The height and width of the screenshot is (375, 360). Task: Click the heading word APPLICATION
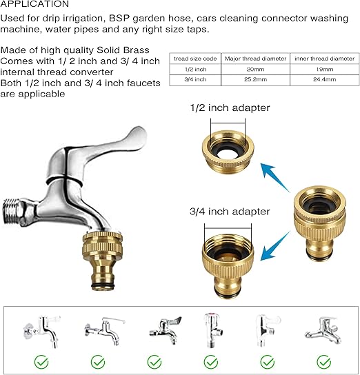point(34,3)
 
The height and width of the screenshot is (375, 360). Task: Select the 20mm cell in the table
point(255,70)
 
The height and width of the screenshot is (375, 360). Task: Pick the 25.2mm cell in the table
point(255,79)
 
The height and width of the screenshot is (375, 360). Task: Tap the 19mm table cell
point(325,70)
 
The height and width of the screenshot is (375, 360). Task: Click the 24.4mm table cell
point(325,79)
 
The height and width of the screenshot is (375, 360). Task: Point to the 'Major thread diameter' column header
point(255,59)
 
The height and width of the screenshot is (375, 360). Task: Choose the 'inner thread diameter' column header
point(325,59)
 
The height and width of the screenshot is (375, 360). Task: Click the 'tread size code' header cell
point(195,59)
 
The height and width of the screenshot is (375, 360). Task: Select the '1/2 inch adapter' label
point(230,108)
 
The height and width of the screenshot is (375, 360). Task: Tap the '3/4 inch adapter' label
point(230,212)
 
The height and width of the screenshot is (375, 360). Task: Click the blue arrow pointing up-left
point(275,177)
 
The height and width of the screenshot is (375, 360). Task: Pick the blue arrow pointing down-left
point(275,246)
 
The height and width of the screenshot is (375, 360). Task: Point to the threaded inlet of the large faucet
point(12,212)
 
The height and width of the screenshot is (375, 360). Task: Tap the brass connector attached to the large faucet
point(102,261)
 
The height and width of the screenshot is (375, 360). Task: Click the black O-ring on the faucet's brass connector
point(102,286)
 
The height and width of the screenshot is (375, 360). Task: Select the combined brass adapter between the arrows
point(320,223)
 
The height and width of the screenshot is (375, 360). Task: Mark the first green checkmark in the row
point(41,362)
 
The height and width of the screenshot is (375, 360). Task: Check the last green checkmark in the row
point(324,362)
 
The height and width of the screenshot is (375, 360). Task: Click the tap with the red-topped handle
point(212,330)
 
